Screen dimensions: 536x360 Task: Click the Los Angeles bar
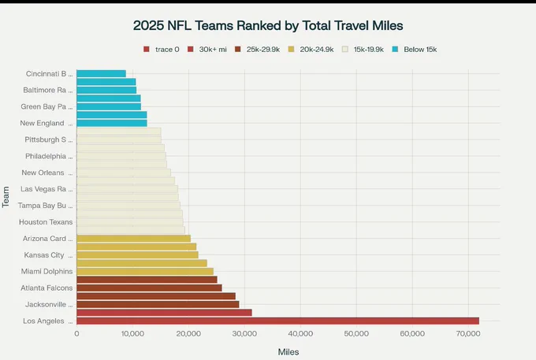277,321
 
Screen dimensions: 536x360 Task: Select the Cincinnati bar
101,74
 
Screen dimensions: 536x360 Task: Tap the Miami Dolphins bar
145,272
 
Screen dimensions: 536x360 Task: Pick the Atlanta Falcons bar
149,288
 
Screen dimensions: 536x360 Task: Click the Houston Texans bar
129,222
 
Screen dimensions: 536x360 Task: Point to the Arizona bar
134,239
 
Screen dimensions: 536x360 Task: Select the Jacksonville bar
158,304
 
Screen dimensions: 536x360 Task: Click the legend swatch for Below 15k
395,50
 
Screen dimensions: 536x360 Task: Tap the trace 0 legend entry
162,50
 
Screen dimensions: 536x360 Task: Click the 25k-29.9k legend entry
258,50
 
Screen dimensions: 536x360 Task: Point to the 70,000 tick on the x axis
468,334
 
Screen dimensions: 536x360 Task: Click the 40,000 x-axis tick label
300,334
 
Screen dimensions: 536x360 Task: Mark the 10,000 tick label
132,334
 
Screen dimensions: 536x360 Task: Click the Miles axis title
288,352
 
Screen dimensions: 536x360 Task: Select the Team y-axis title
6,197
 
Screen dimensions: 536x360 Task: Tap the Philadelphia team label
49,156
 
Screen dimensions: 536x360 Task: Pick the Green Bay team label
47,106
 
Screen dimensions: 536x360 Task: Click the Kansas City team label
48,255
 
